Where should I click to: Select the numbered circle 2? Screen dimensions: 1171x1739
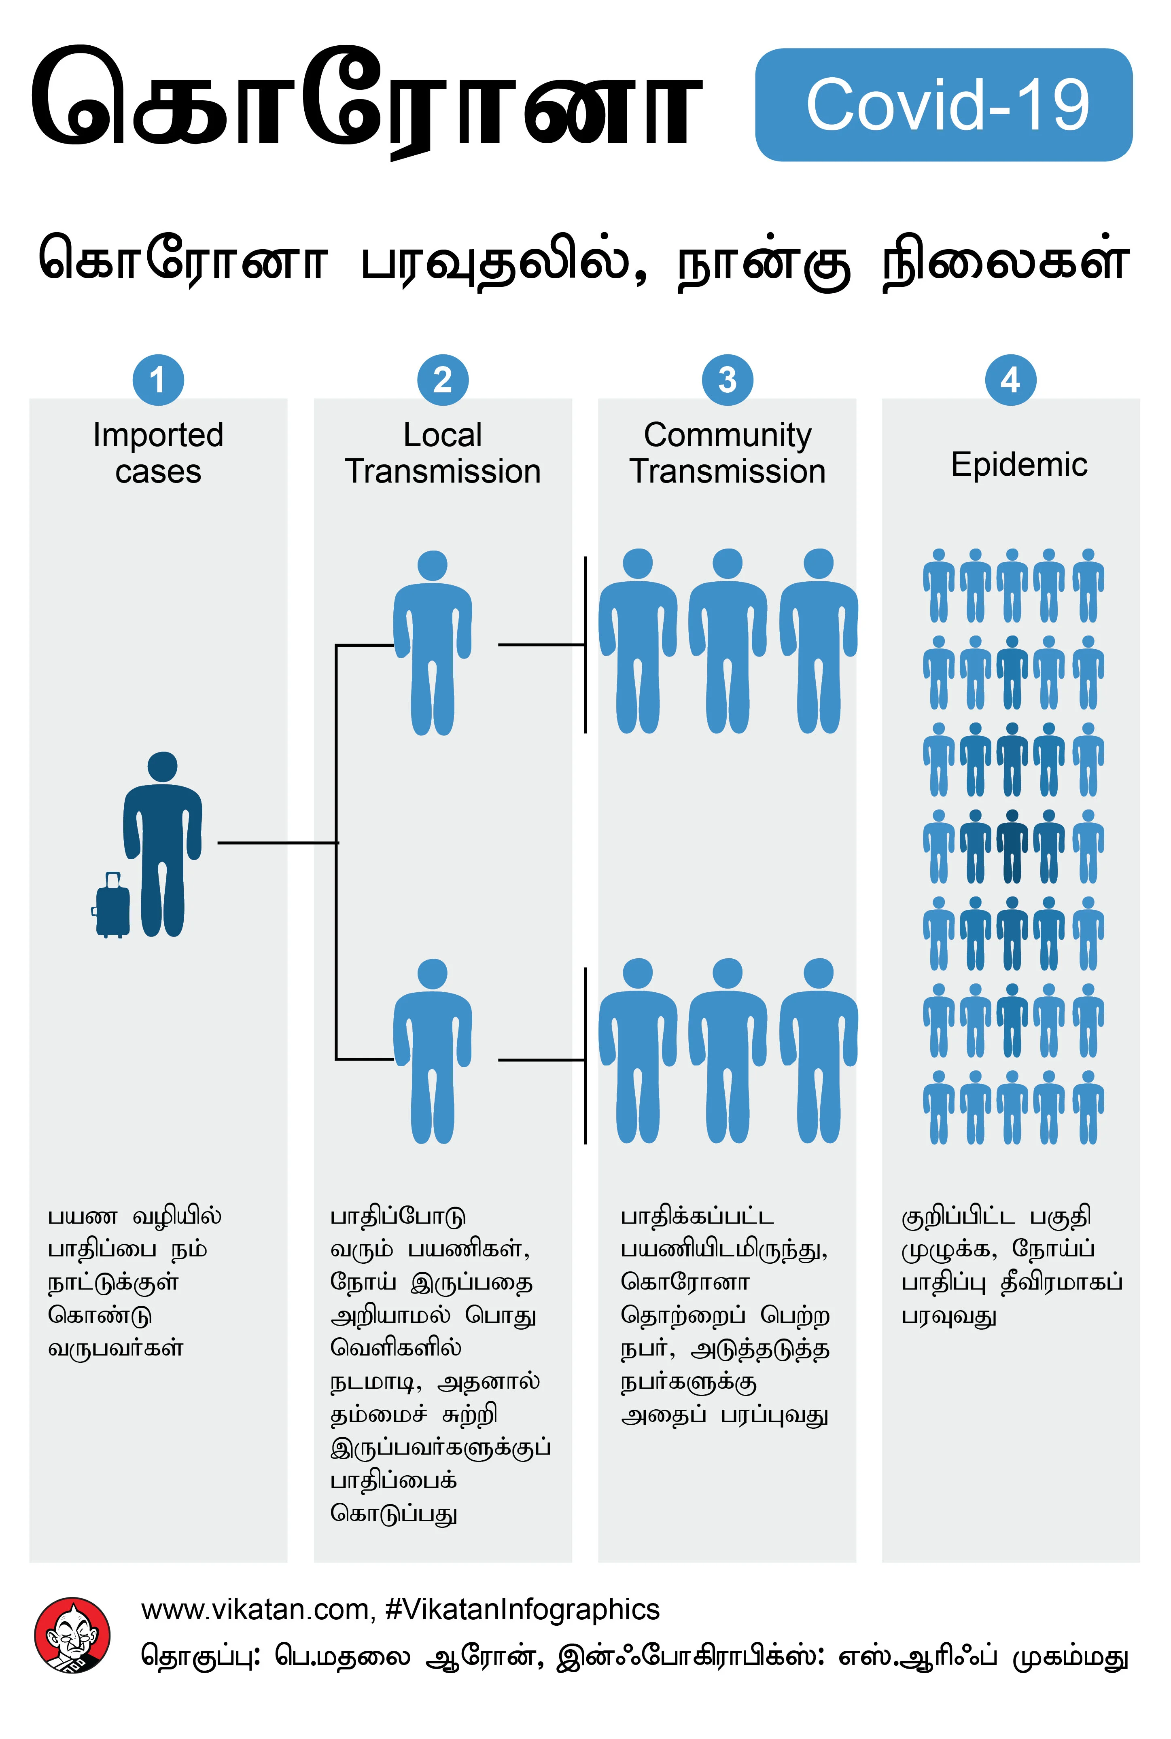(443, 380)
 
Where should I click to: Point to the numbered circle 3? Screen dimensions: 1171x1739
(728, 380)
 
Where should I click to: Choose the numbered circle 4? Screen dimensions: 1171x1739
(1011, 380)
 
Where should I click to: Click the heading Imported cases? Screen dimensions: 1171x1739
(158, 453)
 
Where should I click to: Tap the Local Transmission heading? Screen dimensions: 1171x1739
(443, 453)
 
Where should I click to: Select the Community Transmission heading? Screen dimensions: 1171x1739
(728, 453)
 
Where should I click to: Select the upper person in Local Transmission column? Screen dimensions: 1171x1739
(433, 643)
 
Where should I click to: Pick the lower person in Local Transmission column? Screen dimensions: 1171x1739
(433, 1051)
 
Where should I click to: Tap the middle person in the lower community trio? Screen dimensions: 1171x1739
(728, 1050)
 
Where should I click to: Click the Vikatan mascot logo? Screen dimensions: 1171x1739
(72, 1635)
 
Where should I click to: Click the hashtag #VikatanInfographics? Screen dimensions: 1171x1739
(523, 1610)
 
